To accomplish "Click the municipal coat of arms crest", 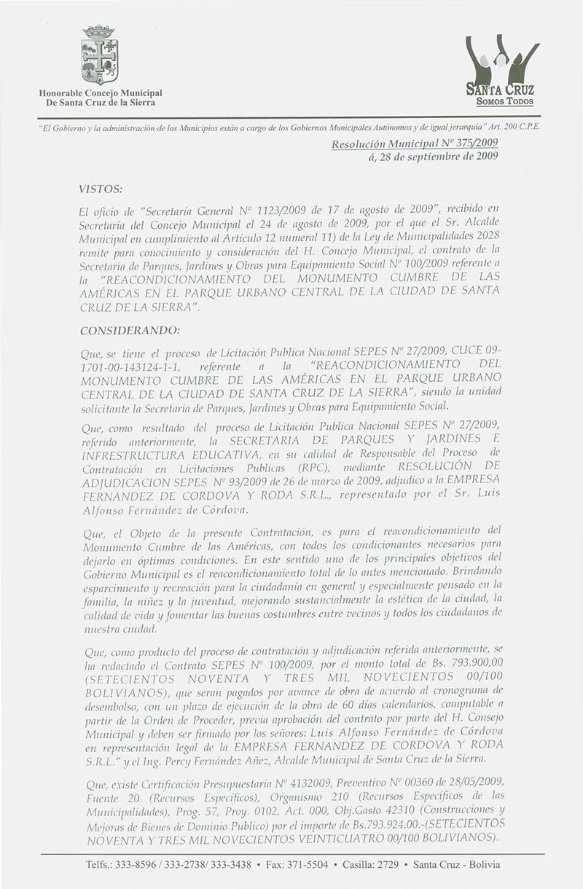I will [101, 56].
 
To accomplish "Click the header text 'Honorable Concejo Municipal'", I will [101, 93].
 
